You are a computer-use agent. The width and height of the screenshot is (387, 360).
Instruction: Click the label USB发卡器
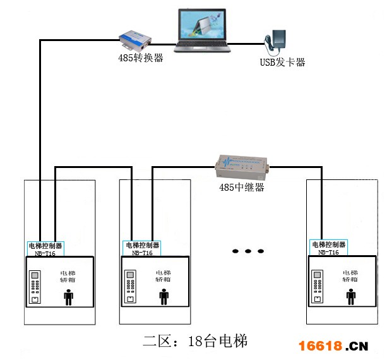(x=282, y=63)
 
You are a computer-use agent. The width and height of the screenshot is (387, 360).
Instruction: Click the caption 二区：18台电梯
(x=194, y=342)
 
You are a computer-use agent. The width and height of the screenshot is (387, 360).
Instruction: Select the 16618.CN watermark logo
(x=332, y=346)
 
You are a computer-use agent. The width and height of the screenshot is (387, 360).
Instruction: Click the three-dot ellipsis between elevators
(x=248, y=251)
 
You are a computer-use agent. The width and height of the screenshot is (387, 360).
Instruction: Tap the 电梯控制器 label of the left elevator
(x=45, y=245)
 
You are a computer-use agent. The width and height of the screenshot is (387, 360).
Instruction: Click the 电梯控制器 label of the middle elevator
(x=142, y=245)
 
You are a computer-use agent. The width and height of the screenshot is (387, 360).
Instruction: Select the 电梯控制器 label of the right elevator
(x=329, y=244)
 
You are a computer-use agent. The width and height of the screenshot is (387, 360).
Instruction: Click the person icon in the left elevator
(x=69, y=296)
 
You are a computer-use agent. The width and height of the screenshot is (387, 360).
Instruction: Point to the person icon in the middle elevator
(x=165, y=296)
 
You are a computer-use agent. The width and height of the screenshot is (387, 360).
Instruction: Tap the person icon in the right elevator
(x=351, y=296)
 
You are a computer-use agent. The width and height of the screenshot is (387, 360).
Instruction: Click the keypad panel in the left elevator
(x=35, y=287)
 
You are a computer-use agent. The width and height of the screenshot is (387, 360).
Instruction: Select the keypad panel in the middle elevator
(x=131, y=287)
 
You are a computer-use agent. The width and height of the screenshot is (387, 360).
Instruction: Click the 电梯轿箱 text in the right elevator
(x=350, y=275)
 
